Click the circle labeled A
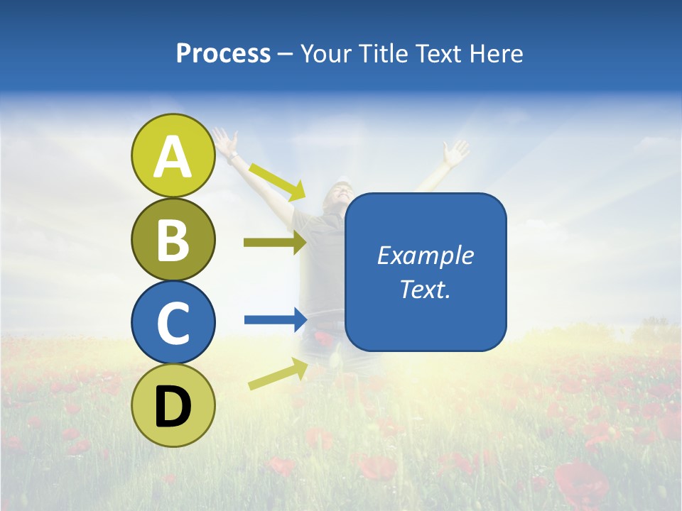pyautogui.click(x=173, y=156)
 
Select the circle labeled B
pyautogui.click(x=173, y=239)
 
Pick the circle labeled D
pyautogui.click(x=173, y=405)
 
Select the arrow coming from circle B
pyautogui.click(x=275, y=243)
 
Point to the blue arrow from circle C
pyautogui.click(x=275, y=319)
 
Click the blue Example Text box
pyautogui.click(x=426, y=272)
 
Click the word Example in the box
pyautogui.click(x=426, y=255)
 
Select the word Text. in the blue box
pyautogui.click(x=426, y=290)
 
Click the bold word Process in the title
pyautogui.click(x=223, y=54)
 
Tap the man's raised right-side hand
pyautogui.click(x=455, y=151)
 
